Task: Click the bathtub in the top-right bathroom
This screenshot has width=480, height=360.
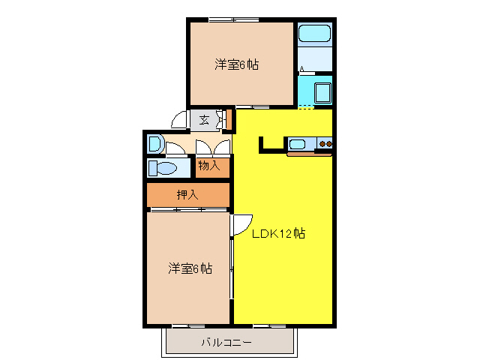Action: click(314, 34)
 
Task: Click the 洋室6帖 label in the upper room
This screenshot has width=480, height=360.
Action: click(236, 65)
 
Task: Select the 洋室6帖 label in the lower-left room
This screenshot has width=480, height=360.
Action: click(189, 268)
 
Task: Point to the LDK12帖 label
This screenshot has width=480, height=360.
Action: click(277, 233)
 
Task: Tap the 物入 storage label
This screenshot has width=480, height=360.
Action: click(209, 165)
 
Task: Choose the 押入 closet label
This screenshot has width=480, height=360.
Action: click(187, 195)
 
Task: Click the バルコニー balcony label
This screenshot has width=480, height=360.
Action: click(226, 343)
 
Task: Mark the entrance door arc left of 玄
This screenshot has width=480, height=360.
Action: click(179, 120)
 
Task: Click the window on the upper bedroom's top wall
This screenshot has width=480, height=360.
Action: click(232, 19)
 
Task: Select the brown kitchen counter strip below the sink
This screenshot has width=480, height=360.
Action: click(309, 154)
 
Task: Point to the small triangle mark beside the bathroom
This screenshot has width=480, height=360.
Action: click(302, 70)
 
